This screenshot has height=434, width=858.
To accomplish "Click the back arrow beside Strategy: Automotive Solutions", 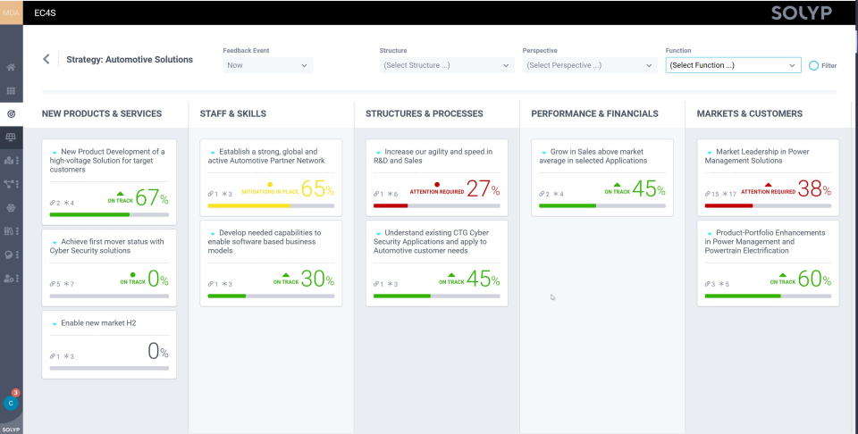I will tap(46, 60).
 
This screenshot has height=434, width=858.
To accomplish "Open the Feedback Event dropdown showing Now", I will tap(267, 65).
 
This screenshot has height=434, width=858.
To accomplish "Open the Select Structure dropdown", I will tap(446, 65).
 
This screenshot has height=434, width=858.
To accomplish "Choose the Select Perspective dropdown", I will tap(589, 65).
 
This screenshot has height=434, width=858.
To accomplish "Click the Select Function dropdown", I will tap(732, 65).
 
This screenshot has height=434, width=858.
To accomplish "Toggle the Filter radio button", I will tap(814, 65).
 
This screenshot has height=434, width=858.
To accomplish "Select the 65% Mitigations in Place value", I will tap(318, 189).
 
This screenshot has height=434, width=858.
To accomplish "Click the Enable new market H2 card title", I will tap(98, 322).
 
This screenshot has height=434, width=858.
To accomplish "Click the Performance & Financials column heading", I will tap(594, 113).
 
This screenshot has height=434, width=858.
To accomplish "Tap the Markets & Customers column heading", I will tap(749, 113).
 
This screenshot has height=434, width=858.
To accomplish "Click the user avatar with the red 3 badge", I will tap(11, 403).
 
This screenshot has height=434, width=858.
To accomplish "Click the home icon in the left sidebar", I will tap(11, 67).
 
